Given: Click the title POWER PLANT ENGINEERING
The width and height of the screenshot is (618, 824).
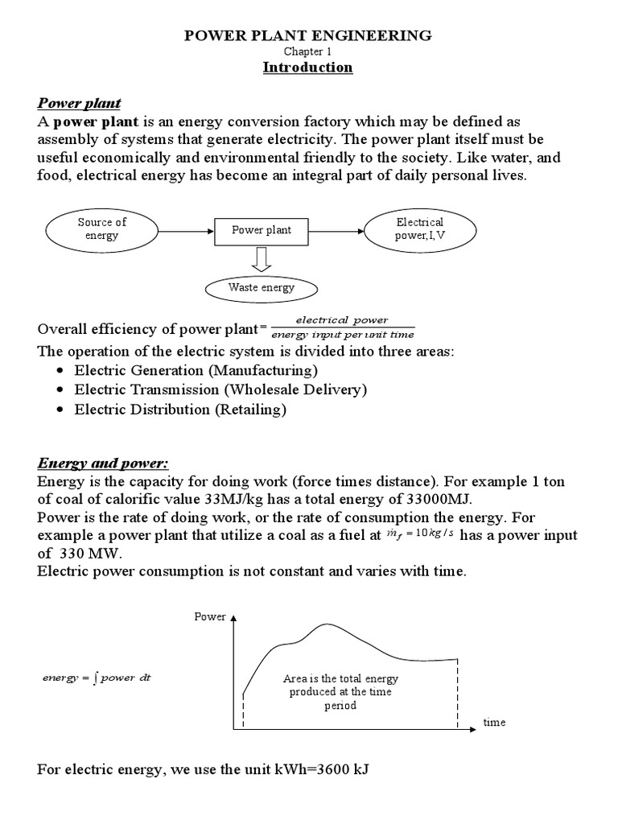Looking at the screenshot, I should point(308,35).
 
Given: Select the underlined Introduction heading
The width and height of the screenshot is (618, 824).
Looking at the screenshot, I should point(308,68).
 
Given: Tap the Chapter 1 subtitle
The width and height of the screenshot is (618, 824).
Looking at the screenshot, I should point(308,51).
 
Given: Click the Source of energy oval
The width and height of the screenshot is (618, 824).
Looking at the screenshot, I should point(101,229).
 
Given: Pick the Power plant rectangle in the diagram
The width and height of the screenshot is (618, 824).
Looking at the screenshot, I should point(262,230).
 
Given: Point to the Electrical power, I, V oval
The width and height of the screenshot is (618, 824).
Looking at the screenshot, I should point(419,229).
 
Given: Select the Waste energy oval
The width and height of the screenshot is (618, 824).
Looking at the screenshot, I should point(262,287).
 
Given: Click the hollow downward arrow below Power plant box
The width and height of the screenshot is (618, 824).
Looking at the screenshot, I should point(262,259).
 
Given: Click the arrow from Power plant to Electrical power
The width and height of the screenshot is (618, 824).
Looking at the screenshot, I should point(337,230).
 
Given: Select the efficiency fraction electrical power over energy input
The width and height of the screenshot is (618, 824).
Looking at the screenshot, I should point(343,328).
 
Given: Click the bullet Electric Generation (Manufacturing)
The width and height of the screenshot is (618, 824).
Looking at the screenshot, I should point(196,370).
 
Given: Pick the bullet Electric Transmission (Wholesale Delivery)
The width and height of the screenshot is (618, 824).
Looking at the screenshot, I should point(220,389).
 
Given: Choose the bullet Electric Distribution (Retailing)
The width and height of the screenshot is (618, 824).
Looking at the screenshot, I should point(179,410).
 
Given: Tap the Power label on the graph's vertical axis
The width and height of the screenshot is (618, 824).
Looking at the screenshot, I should point(205,617).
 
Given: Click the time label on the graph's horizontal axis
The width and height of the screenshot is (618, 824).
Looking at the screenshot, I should point(494,722).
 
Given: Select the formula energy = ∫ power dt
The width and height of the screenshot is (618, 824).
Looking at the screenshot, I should point(96,678).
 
